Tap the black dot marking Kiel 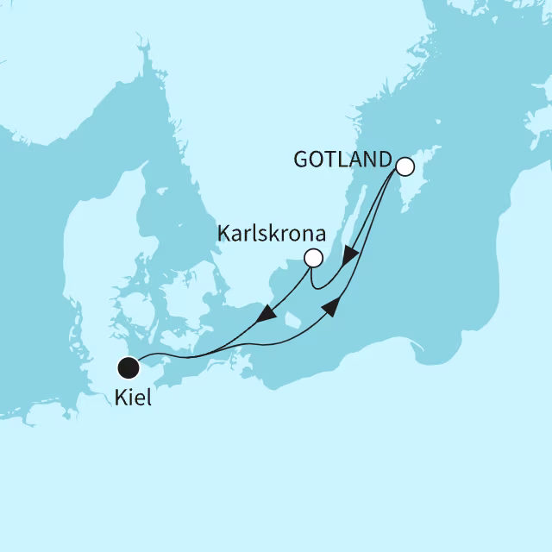tap(129, 368)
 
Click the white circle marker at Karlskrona tap(313, 257)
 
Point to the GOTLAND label tap(342, 160)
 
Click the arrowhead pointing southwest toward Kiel tap(267, 312)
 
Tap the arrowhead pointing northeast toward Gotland tap(333, 306)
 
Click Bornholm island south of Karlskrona tap(293, 320)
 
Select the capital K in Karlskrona tap(223, 234)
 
